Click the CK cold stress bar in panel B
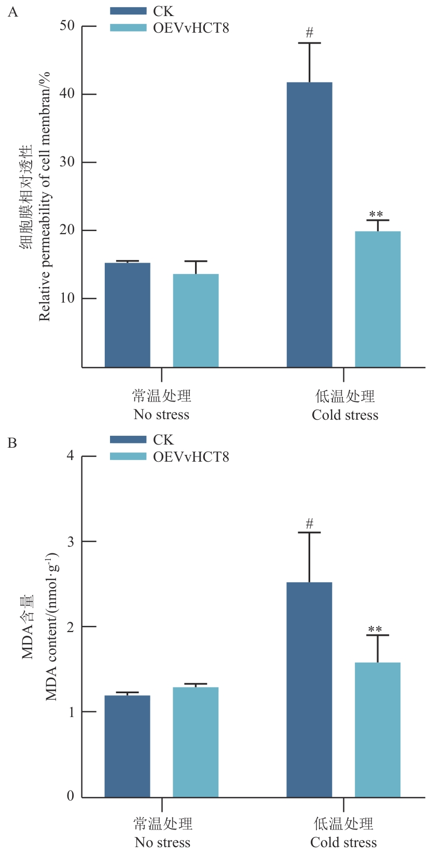coord(309,689)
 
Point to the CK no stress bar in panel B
coord(128,746)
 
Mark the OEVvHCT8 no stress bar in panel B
coord(196,742)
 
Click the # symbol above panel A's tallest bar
coord(310,33)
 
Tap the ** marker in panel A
coord(376,214)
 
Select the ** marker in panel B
coord(375,630)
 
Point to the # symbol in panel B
coord(310,523)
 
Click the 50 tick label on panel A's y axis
coord(67,26)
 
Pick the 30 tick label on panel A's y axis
coord(67,162)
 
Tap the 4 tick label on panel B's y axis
coord(71,456)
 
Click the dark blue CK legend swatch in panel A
coord(128,11)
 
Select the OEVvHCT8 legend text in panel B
coord(191,457)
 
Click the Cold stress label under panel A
coord(345,415)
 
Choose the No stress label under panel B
coord(162,842)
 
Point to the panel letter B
coord(12,443)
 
